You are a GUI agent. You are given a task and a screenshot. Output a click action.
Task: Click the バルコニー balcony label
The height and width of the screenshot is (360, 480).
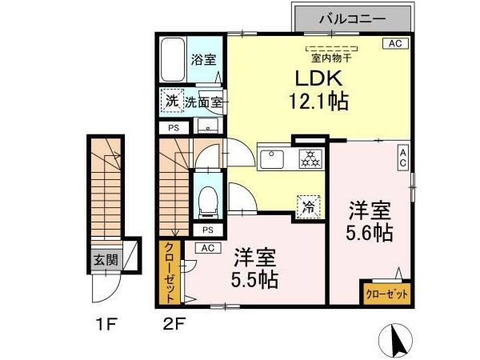tap(352, 19)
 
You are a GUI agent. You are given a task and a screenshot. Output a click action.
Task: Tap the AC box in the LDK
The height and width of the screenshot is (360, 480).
tap(395, 43)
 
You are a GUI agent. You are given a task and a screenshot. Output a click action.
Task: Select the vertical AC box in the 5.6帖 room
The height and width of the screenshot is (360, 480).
tap(403, 158)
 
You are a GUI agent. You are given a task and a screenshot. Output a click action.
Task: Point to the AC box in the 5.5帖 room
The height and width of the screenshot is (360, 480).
tap(208, 248)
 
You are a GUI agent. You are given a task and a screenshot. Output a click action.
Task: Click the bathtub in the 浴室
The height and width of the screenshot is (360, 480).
tap(173, 59)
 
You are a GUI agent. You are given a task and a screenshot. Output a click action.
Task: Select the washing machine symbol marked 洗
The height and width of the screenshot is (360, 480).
tap(172, 101)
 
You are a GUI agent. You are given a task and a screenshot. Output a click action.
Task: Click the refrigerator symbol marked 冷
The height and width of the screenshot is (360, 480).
tap(309, 207)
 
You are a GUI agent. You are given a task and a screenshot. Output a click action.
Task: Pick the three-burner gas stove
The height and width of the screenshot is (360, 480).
tap(310, 158)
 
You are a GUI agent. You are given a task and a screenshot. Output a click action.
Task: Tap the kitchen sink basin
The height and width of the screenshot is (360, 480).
tap(272, 159)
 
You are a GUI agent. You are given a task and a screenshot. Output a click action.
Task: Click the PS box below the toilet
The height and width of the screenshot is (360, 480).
tap(208, 230)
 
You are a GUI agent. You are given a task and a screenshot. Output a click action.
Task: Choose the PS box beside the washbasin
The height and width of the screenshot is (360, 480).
tap(174, 128)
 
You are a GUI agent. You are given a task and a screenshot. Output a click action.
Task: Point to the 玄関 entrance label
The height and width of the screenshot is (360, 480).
tap(106, 260)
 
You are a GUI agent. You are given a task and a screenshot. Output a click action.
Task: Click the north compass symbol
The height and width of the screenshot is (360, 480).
tap(395, 340)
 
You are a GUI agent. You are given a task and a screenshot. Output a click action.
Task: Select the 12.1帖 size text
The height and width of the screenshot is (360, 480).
tap(318, 102)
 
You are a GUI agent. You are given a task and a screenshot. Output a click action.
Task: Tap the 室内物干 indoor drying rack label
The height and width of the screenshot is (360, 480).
tap(331, 58)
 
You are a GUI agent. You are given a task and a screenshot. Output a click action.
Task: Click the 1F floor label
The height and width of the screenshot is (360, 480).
tap(106, 324)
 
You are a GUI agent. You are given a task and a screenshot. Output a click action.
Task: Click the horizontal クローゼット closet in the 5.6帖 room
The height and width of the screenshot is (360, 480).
tap(387, 294)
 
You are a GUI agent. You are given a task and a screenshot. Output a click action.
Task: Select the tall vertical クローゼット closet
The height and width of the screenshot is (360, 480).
tap(170, 272)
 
